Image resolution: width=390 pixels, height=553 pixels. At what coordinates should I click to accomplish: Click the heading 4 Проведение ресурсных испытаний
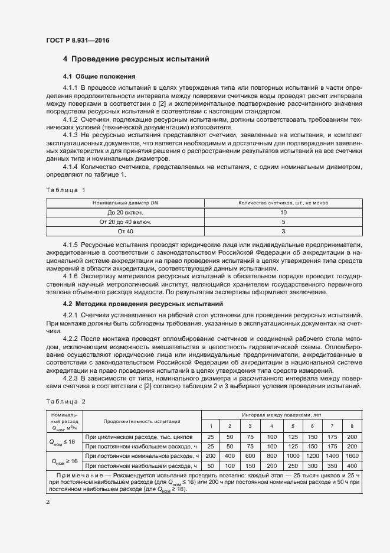pos(136,60)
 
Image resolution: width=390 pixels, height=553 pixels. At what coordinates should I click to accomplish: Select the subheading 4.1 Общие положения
pos(100,77)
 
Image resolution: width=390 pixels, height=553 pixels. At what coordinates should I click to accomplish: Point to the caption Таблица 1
pos(65,190)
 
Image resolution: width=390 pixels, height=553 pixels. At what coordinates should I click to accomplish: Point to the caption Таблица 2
pos(65,401)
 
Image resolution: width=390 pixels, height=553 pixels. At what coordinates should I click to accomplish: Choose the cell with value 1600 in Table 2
pos(353,456)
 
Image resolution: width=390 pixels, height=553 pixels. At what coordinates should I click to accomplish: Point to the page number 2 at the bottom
pos(48,502)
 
